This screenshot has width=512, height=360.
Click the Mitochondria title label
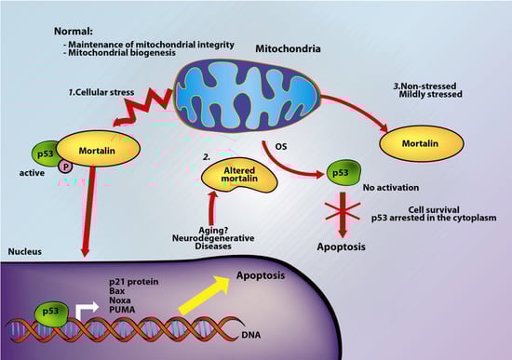[290, 46]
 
